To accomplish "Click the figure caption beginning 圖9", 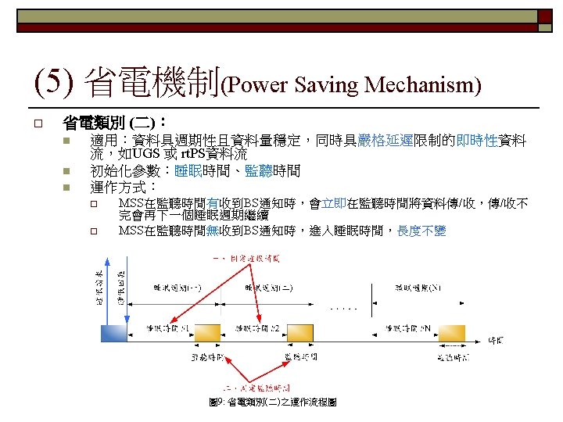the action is [273, 402].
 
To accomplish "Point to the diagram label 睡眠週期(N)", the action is [417, 288].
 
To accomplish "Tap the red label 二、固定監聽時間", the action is [257, 388].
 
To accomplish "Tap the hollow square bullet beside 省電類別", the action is [37, 123].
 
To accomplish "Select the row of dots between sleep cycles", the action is [345, 309].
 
